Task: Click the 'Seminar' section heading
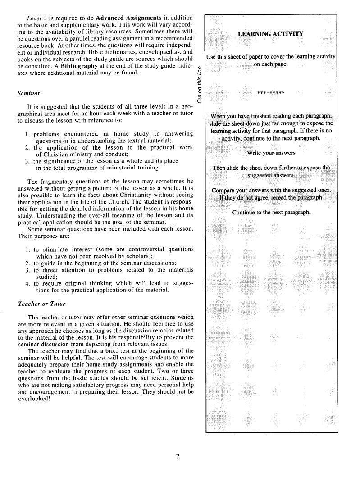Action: (28, 94)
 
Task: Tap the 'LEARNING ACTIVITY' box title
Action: (270, 34)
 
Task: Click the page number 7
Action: (178, 457)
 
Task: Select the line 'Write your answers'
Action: (271, 152)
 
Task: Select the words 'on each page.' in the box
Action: (271, 64)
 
